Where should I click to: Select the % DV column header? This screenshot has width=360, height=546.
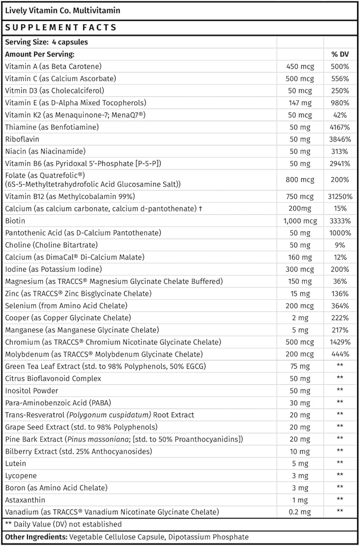(339, 54)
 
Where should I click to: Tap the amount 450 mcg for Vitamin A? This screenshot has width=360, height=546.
(300, 66)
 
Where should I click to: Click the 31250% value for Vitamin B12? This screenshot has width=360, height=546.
(339, 196)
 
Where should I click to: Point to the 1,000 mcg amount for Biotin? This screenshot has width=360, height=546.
(300, 220)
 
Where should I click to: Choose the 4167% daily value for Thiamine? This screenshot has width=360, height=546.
(339, 127)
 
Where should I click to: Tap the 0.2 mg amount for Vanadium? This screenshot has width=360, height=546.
(300, 512)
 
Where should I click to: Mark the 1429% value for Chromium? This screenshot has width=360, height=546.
(339, 342)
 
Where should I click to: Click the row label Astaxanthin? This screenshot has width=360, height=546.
(25, 500)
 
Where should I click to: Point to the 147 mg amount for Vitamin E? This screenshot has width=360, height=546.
(300, 103)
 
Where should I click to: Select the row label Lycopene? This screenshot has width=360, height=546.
(21, 475)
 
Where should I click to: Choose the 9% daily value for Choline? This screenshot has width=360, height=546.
(339, 245)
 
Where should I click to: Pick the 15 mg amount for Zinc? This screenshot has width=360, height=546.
(300, 293)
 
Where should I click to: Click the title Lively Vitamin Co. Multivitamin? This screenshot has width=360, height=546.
(63, 10)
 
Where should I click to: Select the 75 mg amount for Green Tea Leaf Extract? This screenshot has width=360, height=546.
(300, 366)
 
